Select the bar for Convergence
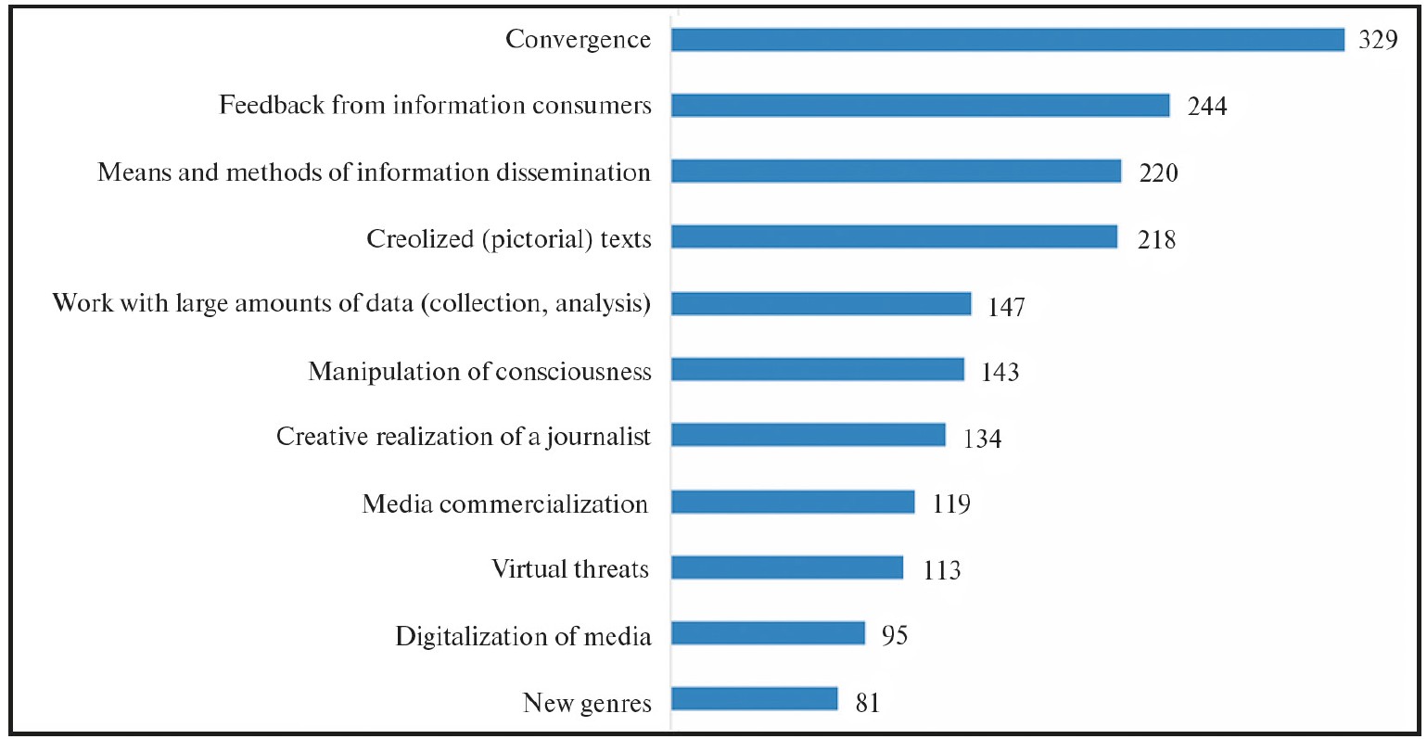1007,39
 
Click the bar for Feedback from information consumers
920,105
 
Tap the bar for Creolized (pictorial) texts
894,237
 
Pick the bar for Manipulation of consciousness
817,370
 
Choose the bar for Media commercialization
793,503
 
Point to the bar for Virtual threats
786,567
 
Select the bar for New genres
754,699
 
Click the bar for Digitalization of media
768,634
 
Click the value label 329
1378,40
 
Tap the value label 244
1207,107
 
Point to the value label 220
1158,172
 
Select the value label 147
1006,306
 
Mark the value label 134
982,439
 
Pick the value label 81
867,702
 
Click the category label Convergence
578,39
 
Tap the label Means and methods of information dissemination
374,172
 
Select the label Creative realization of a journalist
464,437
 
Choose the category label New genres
587,702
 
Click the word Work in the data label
83,303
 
